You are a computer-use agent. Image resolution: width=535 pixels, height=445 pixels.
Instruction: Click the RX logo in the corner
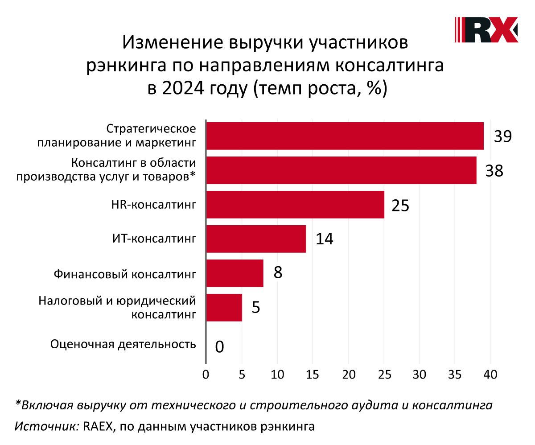coord(486,30)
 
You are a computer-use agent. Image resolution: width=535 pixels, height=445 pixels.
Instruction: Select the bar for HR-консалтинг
coord(295,205)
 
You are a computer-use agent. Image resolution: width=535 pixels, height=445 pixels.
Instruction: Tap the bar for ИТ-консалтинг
coord(256,239)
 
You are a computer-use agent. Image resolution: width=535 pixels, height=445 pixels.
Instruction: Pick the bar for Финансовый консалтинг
coord(235,273)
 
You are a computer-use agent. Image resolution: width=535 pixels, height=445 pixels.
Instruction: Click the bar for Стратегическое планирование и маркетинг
coord(345,136)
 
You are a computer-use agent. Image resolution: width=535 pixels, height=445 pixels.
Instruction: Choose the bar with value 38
coord(341,170)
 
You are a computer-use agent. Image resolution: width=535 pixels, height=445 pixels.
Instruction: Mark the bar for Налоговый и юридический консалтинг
coord(224,308)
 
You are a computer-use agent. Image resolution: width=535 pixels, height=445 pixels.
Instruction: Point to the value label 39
coord(502,136)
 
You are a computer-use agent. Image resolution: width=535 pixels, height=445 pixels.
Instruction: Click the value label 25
coord(400,205)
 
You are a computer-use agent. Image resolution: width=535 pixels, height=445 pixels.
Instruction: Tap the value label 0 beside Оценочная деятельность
coord(219,346)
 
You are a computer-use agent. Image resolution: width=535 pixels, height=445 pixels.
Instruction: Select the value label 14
coord(325,239)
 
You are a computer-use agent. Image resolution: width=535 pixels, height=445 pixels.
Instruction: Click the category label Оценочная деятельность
coord(123,344)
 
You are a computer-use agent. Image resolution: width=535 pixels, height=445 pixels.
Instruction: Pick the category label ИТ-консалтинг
coord(154,239)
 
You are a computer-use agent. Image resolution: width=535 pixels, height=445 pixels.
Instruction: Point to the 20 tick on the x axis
coord(348,375)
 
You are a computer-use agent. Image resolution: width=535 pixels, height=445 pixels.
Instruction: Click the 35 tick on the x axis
coord(455,375)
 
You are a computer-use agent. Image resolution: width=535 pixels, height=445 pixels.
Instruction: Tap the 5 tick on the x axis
coord(242,375)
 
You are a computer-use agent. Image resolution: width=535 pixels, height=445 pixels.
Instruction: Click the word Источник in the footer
coord(46,426)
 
